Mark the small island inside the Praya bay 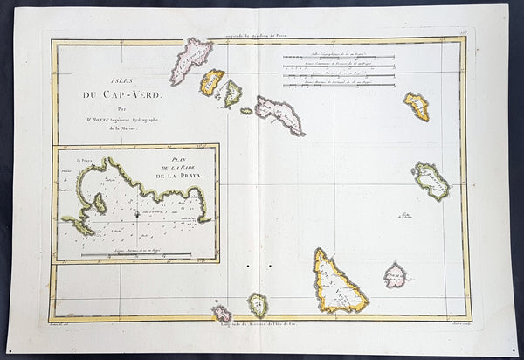100,203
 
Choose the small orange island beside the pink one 211,82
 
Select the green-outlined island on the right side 431,181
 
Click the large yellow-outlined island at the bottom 336,281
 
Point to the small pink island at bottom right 395,276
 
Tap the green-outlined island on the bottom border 258,305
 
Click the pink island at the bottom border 222,312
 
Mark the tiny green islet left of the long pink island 246,111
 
